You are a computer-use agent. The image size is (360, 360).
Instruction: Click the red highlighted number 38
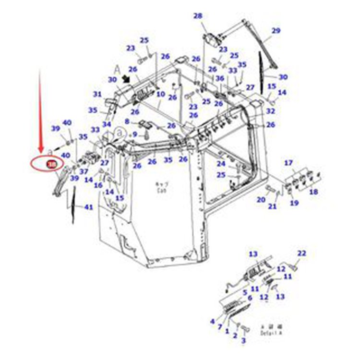pos(50,165)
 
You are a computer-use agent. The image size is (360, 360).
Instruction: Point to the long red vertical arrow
pos(40,110)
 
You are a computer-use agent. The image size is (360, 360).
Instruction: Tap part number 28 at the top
pos(198,16)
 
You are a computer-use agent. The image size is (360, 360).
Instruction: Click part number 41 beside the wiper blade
pos(88,207)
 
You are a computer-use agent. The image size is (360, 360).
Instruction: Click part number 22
pos(301,253)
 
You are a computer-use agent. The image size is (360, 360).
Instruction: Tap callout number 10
pos(161,95)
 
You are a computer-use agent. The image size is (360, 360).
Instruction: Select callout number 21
pos(272,206)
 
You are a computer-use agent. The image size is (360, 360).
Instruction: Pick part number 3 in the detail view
pos(243,340)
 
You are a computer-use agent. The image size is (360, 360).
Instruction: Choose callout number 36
pos(220,79)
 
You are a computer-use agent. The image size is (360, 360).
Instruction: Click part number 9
pos(135,134)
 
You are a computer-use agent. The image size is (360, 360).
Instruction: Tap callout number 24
pos(220,164)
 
